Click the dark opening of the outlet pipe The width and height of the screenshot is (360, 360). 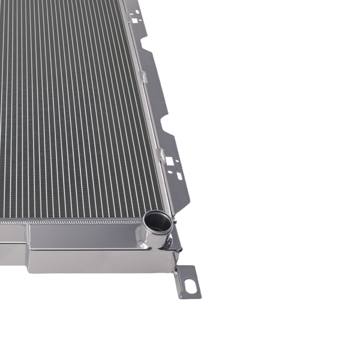(157, 221)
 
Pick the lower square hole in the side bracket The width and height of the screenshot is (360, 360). (170, 160)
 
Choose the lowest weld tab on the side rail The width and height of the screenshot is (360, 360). (160, 154)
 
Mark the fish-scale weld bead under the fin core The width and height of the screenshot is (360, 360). (72, 221)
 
